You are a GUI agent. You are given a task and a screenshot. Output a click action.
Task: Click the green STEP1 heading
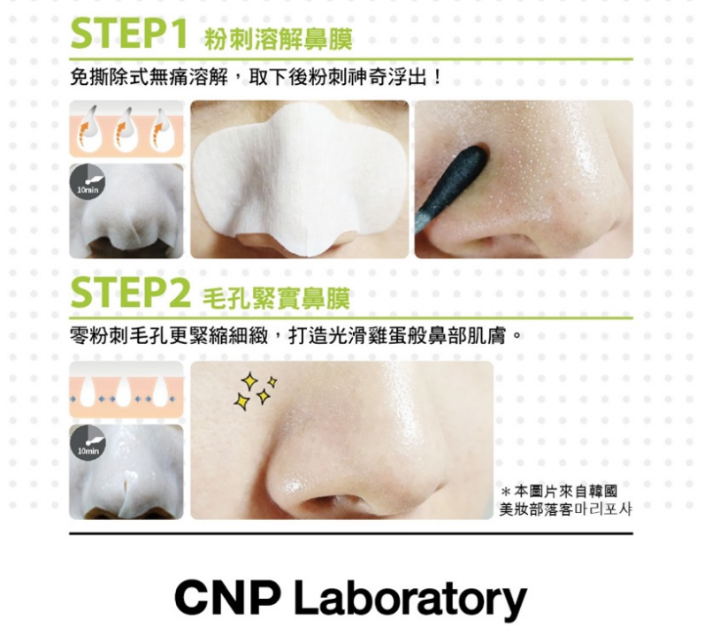[x=129, y=34]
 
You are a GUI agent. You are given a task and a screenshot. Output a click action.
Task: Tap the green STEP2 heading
[x=130, y=294]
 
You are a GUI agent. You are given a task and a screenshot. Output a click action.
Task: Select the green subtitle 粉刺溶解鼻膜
[x=278, y=40]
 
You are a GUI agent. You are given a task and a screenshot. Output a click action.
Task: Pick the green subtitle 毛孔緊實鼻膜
[x=276, y=299]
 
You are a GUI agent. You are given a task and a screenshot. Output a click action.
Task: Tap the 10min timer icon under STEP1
[x=87, y=182]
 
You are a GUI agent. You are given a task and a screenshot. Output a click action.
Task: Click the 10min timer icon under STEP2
[x=88, y=443]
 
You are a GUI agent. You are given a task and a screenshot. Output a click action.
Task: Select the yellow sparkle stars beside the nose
[x=255, y=391]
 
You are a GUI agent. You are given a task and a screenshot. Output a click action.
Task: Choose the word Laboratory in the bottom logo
[x=410, y=600]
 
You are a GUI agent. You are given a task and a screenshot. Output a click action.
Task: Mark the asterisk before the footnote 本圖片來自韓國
[x=505, y=492]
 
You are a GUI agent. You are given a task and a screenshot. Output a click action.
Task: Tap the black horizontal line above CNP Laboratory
[x=350, y=533]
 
